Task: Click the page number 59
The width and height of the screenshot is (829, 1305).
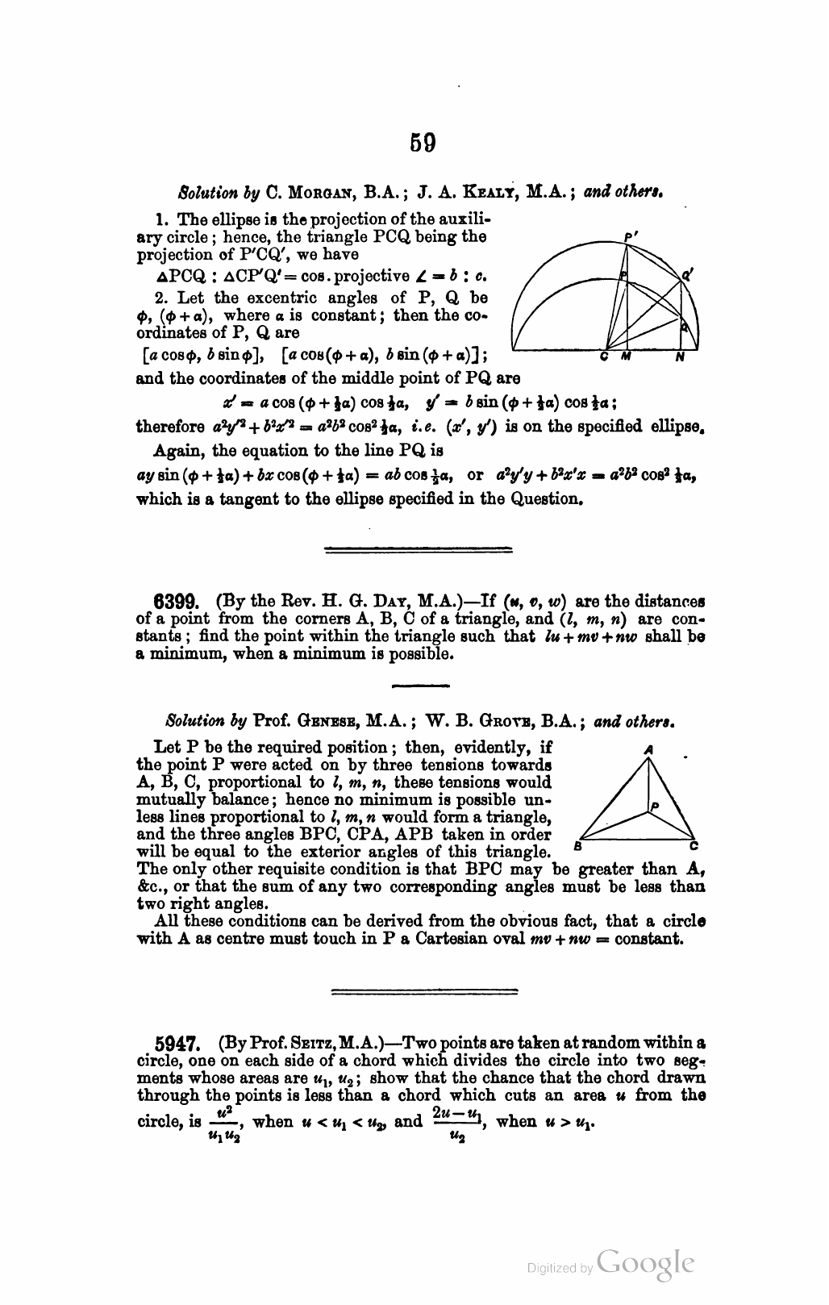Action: tap(423, 143)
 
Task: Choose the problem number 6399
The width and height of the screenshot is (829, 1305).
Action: tap(176, 602)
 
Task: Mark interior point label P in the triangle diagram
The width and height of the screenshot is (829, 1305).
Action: tap(655, 805)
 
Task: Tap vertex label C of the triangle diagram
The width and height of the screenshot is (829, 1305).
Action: tap(694, 846)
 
